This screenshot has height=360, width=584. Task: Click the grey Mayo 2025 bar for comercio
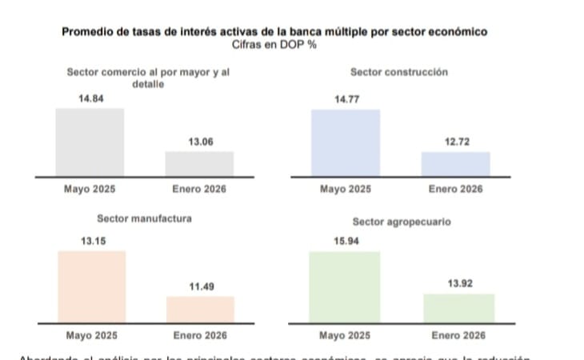coord(90,142)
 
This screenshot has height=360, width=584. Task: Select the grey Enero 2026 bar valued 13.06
coord(199,163)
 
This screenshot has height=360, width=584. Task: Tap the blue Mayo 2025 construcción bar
coord(345,142)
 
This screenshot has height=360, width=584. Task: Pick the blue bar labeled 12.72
coord(455,163)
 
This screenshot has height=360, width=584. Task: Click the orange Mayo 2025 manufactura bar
coord(91,286)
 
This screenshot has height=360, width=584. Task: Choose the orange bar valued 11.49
coord(200,309)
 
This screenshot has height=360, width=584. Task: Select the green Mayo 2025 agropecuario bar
coord(345,286)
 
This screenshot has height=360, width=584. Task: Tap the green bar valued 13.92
coord(458,308)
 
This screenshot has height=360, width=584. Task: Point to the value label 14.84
coord(90,98)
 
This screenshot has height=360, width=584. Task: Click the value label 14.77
coord(346,100)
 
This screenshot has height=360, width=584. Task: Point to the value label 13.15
coord(93,241)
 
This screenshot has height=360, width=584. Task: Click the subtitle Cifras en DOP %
coord(276,43)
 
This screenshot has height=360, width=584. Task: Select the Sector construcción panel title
coord(398,72)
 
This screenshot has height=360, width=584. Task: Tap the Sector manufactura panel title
coord(144,218)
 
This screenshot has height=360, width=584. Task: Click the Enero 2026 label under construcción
coord(455,190)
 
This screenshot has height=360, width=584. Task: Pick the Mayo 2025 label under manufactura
coord(91,334)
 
